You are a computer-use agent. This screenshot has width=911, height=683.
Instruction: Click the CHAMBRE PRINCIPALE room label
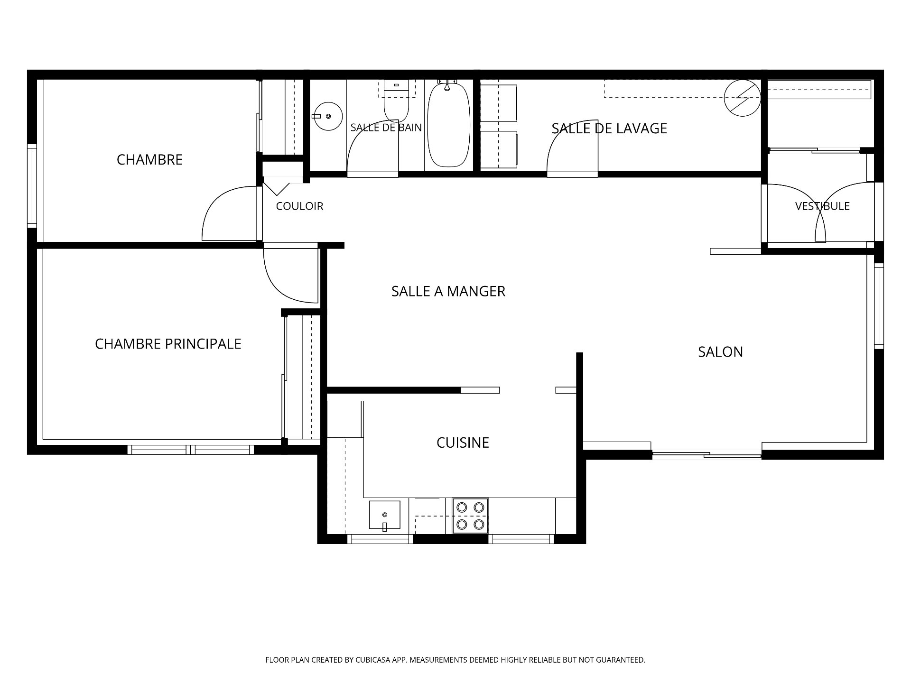(168, 344)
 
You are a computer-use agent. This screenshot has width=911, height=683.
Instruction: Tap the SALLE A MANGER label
(448, 291)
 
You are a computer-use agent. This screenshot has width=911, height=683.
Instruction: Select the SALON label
(720, 352)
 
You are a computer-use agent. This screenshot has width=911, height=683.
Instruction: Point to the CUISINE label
(463, 443)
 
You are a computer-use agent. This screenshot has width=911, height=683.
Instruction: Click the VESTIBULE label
(822, 206)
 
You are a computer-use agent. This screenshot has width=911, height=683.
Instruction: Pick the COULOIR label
(299, 206)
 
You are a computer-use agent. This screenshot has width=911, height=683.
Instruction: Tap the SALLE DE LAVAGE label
(609, 129)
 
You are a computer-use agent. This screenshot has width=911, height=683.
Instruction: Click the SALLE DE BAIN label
(386, 127)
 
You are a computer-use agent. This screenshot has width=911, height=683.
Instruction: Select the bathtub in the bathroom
(449, 124)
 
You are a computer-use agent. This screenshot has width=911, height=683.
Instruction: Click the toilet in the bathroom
(396, 101)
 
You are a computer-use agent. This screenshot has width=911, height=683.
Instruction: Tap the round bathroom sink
(327, 116)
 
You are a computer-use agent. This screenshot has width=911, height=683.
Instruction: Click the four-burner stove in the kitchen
(470, 516)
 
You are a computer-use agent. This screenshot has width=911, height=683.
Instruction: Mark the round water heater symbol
(742, 98)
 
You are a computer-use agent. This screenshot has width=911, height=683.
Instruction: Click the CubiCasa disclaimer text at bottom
(455, 660)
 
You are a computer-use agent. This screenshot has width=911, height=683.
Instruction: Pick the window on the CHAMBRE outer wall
(32, 186)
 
